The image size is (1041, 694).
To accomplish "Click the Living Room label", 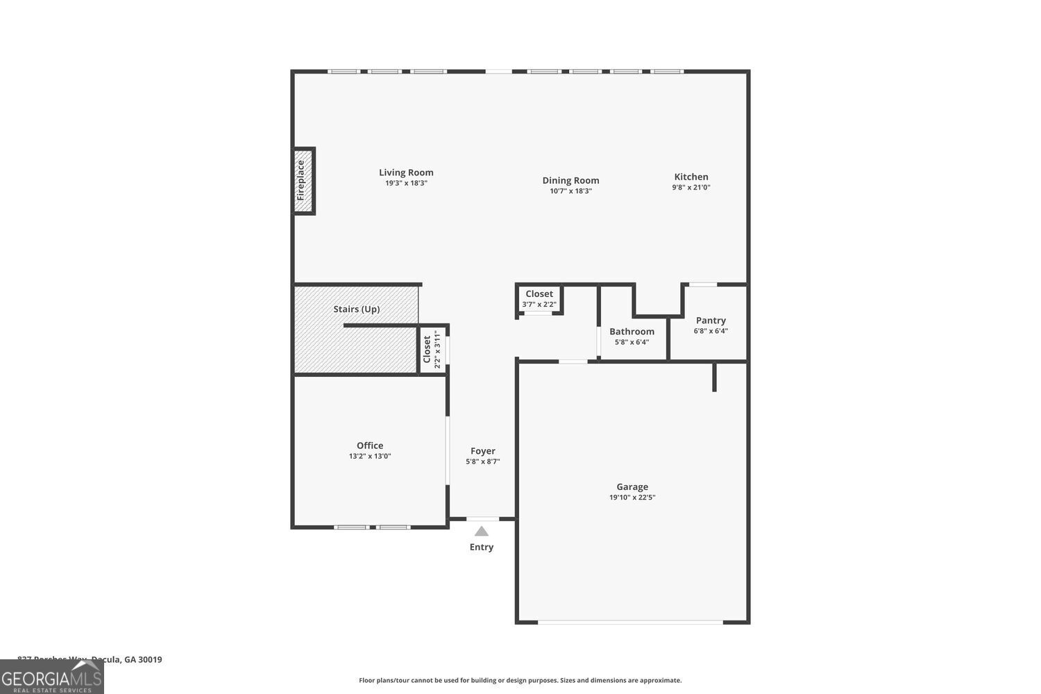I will click(406, 173).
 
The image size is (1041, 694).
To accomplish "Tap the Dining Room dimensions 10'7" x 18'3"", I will click(570, 191).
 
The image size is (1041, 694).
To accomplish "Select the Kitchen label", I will click(691, 177).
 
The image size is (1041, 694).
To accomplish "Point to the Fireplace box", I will click(303, 180).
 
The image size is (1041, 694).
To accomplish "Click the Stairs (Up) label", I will click(356, 309).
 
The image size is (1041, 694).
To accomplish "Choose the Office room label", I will click(370, 446).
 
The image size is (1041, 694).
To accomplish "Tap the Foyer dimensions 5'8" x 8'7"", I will click(483, 462).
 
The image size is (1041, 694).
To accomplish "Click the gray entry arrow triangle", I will click(482, 532).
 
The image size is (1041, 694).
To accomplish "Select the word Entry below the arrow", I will click(482, 547).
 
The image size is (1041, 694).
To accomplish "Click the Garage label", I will click(632, 487).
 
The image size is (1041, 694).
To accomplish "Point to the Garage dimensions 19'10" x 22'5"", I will click(632, 498).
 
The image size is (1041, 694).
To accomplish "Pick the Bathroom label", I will click(632, 332).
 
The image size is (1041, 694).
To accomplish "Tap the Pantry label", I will click(711, 321).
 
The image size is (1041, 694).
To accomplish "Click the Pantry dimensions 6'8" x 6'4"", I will click(711, 331).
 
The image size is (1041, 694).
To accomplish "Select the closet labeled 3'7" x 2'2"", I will click(539, 299).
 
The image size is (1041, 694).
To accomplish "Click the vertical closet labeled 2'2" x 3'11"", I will click(432, 349).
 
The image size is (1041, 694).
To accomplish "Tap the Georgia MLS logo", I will click(51, 677).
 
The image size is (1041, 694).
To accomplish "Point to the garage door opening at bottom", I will click(631, 622).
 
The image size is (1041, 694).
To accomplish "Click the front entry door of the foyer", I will click(482, 518).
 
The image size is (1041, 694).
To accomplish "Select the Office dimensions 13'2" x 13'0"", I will click(370, 456).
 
